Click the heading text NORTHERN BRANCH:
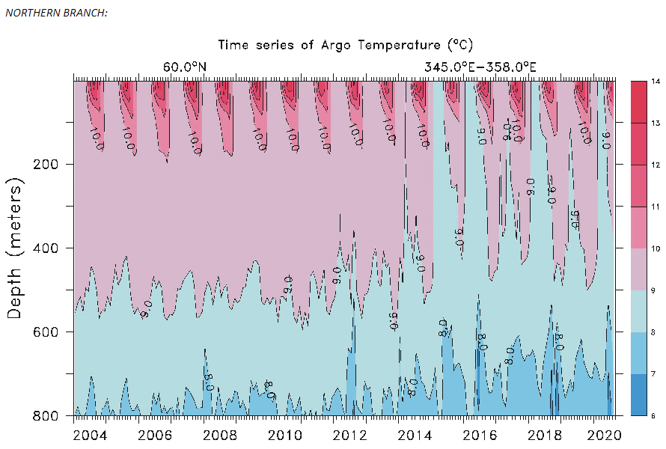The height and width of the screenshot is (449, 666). pos(56,13)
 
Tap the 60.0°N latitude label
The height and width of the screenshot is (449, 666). pos(184,67)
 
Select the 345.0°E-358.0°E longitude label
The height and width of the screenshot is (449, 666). pos(480,67)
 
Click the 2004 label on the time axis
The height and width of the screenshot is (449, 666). pos(89,435)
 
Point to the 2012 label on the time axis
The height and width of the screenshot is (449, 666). pos(349,435)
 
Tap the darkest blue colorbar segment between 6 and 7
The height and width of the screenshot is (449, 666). pos(637,394)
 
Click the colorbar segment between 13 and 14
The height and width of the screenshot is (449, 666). pos(637,102)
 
